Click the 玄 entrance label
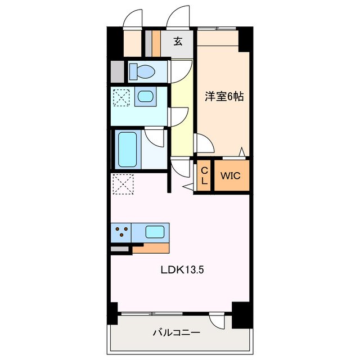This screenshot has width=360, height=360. [178, 41]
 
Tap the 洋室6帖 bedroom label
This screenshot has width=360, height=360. [224, 97]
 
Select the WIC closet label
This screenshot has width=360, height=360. [230, 175]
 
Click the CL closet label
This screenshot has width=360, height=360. [204, 175]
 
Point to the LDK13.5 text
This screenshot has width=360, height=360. [182, 270]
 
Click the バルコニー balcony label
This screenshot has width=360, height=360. [176, 332]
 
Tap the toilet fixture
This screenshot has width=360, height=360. [142, 71]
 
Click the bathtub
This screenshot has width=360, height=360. [128, 150]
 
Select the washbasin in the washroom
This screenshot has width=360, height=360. [145, 96]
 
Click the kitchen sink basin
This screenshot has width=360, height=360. [155, 232]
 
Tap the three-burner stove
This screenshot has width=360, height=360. [121, 232]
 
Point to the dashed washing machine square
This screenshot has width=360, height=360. [121, 97]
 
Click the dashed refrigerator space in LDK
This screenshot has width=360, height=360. [123, 184]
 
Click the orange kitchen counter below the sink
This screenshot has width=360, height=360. [151, 248]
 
